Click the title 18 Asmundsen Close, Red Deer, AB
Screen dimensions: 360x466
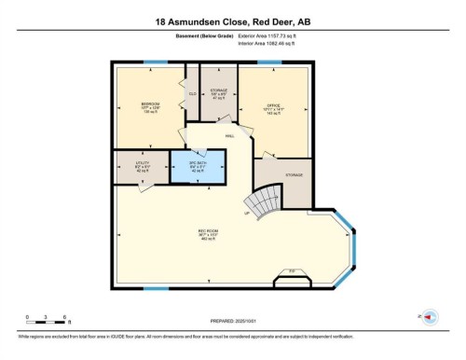[232, 19]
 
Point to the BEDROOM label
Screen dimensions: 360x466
[151, 104]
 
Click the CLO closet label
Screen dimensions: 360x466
[192, 93]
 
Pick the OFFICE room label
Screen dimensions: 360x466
[274, 104]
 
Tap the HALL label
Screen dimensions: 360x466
[228, 136]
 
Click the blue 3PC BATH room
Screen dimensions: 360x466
[200, 166]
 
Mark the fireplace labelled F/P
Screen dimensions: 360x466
[290, 277]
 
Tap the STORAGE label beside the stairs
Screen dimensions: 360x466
[293, 174]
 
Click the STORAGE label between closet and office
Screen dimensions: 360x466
[218, 91]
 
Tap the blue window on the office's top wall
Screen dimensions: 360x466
[269, 63]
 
